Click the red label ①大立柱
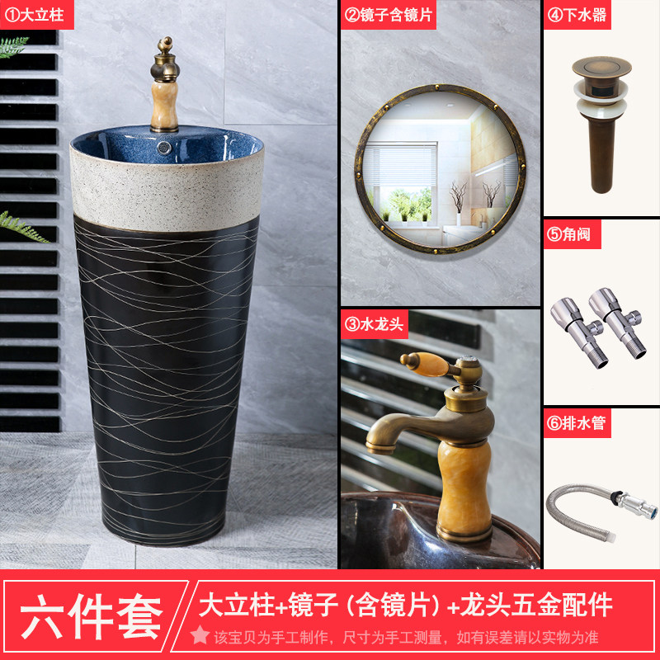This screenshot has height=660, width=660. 36,15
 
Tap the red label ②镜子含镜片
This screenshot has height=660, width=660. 388,15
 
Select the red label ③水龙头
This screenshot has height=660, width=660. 375,324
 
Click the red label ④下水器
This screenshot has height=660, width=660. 577,15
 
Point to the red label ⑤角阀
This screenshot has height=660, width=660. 572,234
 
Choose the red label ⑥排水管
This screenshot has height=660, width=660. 577,422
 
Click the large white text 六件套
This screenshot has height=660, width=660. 92,617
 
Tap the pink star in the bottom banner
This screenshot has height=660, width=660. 200,634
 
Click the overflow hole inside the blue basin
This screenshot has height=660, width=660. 164,148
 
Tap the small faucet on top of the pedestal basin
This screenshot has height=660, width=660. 164,84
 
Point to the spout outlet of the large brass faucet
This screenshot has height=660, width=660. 379,448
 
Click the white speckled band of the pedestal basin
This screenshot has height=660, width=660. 167,195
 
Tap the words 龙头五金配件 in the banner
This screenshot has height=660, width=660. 536,605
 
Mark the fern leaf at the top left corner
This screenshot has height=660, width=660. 12,46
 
